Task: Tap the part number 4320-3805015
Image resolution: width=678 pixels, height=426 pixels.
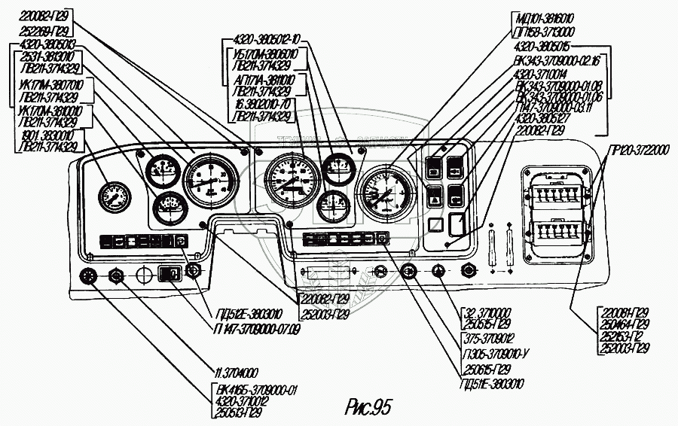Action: tap(543, 47)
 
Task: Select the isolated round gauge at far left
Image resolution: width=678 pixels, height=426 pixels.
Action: tap(114, 196)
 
